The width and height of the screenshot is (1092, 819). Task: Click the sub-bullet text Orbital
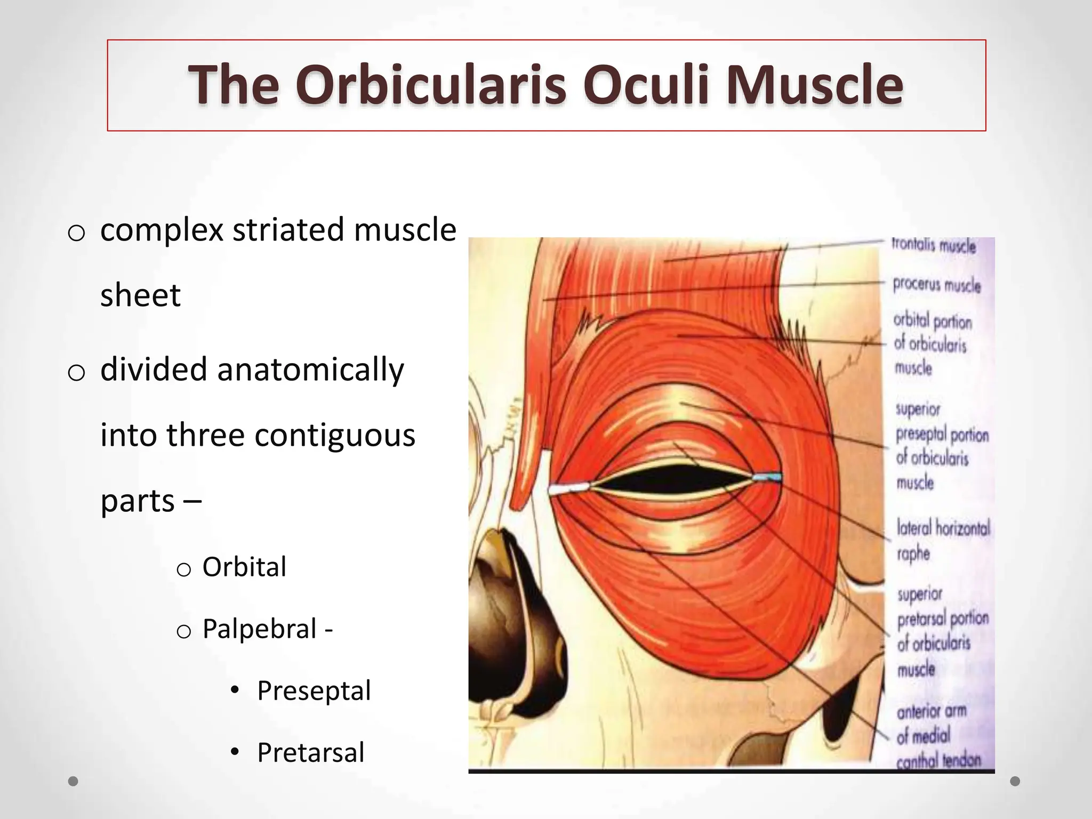244,567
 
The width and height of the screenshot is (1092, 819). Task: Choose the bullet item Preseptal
314,690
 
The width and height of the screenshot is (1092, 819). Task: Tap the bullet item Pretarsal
310,752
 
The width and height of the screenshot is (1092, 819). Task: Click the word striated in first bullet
288,230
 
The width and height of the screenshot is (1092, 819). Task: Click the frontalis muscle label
934,246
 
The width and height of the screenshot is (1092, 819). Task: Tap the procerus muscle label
937,285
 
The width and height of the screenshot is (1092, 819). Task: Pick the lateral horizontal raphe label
943,540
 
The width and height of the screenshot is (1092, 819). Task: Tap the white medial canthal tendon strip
569,488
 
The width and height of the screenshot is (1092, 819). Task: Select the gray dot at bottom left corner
74,781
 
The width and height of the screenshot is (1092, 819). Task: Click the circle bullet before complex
77,233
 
